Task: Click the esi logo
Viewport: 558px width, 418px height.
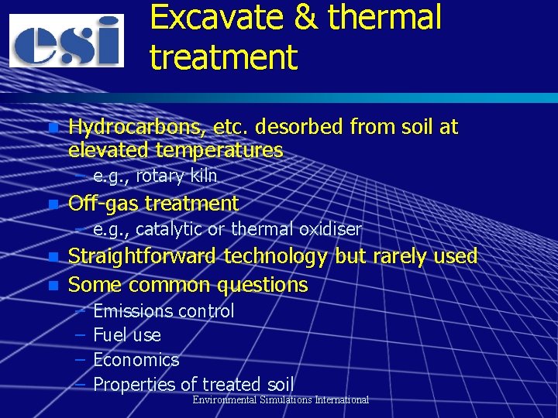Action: click(x=66, y=40)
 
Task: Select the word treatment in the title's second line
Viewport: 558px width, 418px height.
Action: click(x=223, y=57)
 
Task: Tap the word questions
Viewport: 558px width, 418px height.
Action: click(x=263, y=285)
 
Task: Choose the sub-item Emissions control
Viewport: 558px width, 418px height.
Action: click(x=164, y=311)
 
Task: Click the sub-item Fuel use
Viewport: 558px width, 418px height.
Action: click(x=127, y=335)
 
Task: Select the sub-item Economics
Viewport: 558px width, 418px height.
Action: click(x=136, y=360)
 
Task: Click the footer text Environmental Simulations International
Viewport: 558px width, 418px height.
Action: click(x=281, y=399)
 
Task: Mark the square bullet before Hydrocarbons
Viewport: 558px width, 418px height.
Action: click(x=53, y=127)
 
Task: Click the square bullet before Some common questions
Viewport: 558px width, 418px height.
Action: click(x=53, y=285)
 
